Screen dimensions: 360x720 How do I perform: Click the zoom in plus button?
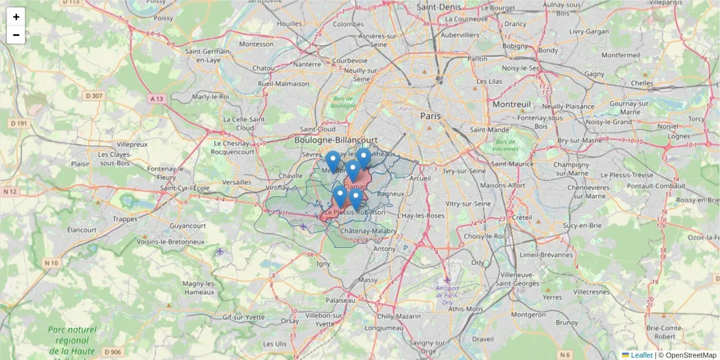click(x=16, y=17)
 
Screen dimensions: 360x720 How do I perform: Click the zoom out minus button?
click(x=16, y=35)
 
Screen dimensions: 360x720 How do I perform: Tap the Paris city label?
click(x=430, y=116)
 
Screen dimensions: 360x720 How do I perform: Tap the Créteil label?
click(x=522, y=217)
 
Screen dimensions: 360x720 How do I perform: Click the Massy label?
click(x=367, y=280)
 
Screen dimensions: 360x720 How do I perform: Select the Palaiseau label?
click(x=340, y=299)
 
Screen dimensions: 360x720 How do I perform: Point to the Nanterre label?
click(x=307, y=64)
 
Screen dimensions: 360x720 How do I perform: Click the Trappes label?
click(x=125, y=219)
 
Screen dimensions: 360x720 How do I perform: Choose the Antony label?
click(x=385, y=248)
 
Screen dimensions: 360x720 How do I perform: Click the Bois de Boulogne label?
click(x=344, y=101)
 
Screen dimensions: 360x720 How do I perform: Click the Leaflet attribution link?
click(x=641, y=355)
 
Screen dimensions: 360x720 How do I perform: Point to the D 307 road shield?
click(x=94, y=95)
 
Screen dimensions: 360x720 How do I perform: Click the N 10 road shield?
click(x=52, y=263)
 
